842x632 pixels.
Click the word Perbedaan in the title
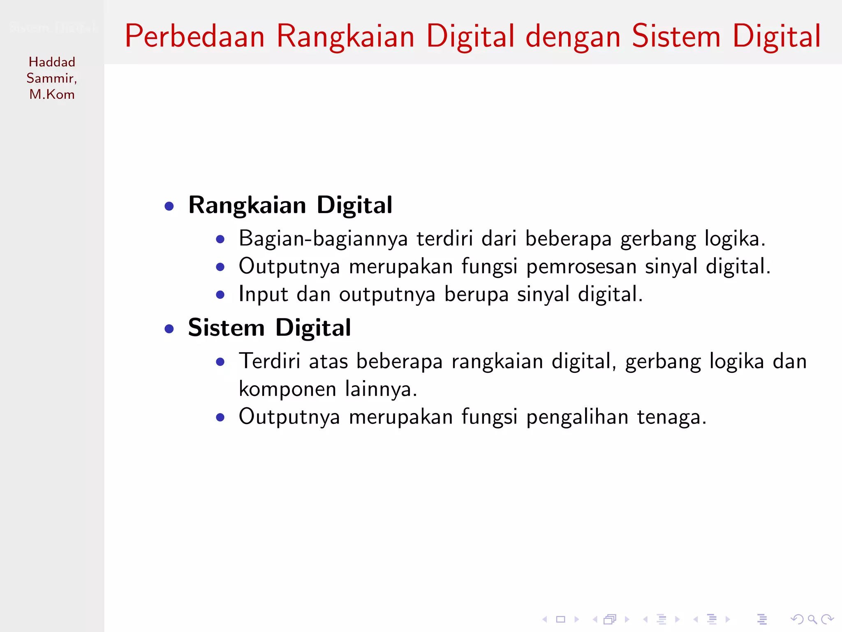pyautogui.click(x=194, y=36)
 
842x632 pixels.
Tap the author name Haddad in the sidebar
pyautogui.click(x=52, y=62)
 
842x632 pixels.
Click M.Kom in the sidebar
pyautogui.click(x=52, y=94)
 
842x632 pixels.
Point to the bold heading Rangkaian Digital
pyautogui.click(x=290, y=205)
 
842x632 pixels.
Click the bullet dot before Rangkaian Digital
pyautogui.click(x=169, y=206)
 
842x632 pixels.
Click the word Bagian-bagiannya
pyautogui.click(x=323, y=239)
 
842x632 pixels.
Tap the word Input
pyautogui.click(x=263, y=294)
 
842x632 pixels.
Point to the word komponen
pyautogui.click(x=287, y=389)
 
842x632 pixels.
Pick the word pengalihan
pyautogui.click(x=577, y=417)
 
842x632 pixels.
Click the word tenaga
pyautogui.click(x=671, y=417)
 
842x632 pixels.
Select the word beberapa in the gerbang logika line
pyautogui.click(x=568, y=239)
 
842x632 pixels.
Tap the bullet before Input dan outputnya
pyautogui.click(x=220, y=295)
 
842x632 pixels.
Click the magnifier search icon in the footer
pyautogui.click(x=812, y=619)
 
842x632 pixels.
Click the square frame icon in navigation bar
pyautogui.click(x=561, y=619)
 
